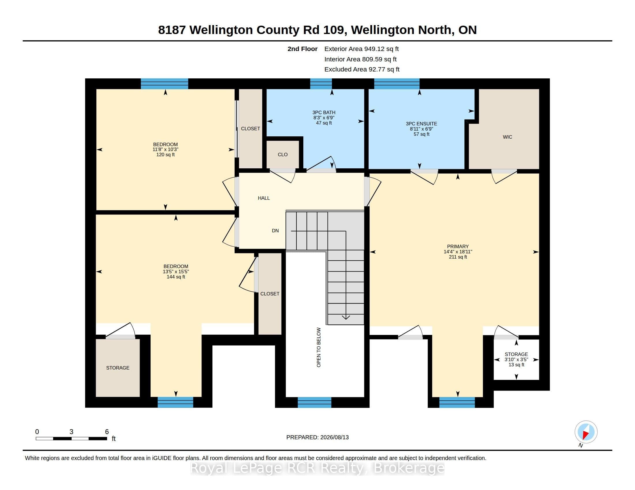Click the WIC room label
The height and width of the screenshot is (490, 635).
507,137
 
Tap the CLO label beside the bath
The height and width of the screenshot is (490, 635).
283,154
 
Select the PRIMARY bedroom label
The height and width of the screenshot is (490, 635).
458,246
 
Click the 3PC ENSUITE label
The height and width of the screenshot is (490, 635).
422,124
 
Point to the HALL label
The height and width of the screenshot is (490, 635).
264,198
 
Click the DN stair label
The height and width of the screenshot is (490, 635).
275,231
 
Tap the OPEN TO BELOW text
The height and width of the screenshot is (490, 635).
319,348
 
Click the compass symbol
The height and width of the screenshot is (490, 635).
586,432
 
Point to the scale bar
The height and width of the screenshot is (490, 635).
71,439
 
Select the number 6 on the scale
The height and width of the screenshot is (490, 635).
107,432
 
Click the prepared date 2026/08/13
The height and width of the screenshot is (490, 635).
334,437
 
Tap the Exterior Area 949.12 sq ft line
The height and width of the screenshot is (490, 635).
361,49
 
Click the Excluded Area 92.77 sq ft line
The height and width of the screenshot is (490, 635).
362,69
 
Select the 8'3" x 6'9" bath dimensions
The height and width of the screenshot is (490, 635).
324,118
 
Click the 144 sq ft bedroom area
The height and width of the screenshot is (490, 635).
175,277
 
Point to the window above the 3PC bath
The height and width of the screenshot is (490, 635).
321,84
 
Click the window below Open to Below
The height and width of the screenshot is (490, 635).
314,402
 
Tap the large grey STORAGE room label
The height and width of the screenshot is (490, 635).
118,368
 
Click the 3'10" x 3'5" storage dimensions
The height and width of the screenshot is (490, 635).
516,359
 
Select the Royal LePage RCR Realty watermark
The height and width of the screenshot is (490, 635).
317,468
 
